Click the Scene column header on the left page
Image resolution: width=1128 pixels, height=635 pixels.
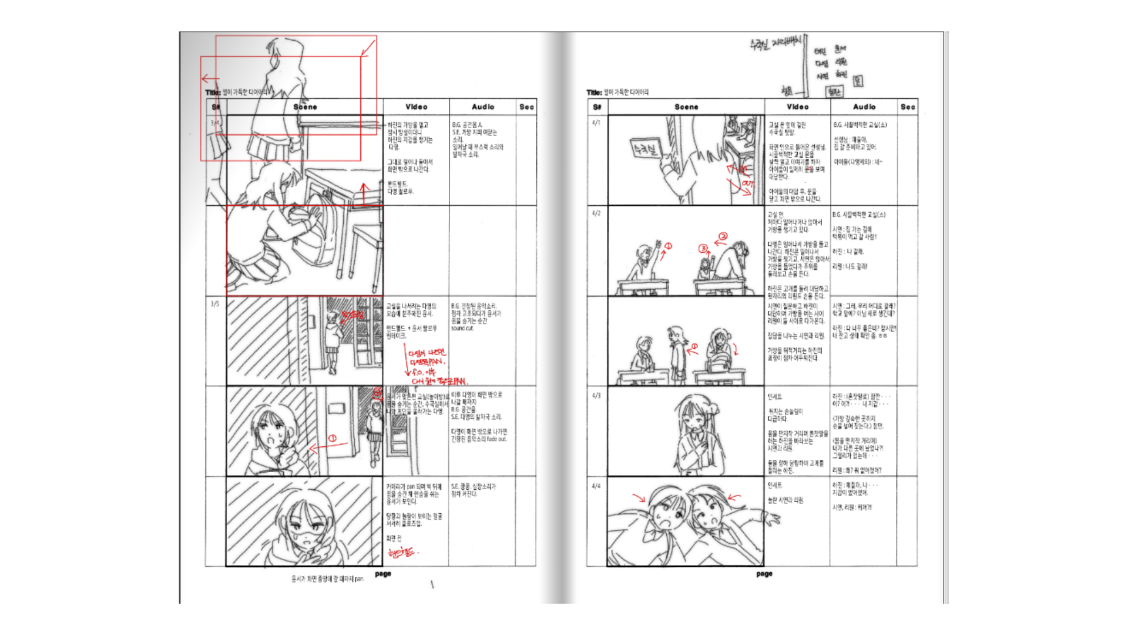tap(305, 107)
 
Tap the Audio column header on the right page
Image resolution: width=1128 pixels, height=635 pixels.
tap(864, 107)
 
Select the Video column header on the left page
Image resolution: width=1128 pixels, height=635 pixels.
tap(416, 107)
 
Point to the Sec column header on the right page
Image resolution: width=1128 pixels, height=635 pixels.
tap(908, 107)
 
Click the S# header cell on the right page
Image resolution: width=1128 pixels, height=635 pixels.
tap(597, 107)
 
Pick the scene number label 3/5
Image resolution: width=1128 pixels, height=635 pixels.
tap(214, 304)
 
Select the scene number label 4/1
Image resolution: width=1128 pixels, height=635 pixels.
tap(596, 123)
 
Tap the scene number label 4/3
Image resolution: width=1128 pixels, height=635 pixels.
tap(596, 396)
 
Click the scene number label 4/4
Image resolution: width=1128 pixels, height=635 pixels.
tap(596, 486)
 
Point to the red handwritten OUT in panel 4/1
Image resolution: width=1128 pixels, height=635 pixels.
tap(747, 184)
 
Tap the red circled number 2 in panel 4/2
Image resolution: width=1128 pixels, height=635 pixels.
tap(723, 236)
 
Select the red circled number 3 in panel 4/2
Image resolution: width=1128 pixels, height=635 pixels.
tap(703, 249)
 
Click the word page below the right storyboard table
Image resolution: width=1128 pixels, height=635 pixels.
tap(764, 574)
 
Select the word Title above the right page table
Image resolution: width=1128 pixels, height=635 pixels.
tap(593, 92)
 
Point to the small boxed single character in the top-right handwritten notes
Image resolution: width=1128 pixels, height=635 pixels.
tap(858, 81)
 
